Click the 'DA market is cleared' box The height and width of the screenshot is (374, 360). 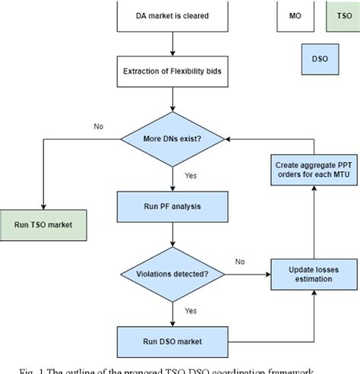[x=172, y=15]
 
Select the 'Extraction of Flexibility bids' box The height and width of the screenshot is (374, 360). [x=172, y=74]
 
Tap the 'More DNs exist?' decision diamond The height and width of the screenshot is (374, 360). [x=172, y=138]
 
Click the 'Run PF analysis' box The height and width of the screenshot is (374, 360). [x=172, y=204]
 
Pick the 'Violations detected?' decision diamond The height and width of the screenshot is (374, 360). [x=172, y=271]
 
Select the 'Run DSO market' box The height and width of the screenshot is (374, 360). [x=172, y=337]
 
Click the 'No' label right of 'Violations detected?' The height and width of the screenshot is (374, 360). [x=239, y=261]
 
